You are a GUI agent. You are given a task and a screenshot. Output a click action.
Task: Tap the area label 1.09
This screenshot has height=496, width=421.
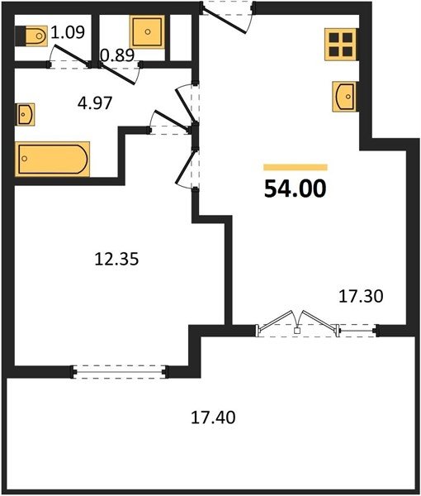tap(68, 32)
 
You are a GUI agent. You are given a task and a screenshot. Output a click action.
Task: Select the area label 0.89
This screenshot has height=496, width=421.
tap(117, 55)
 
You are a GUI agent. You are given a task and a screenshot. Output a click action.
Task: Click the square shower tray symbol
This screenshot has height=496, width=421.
tap(148, 31)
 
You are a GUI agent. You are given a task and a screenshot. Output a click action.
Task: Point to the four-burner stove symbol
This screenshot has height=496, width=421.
tap(341, 45)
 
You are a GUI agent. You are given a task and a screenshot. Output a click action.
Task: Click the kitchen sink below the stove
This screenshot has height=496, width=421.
tap(344, 97)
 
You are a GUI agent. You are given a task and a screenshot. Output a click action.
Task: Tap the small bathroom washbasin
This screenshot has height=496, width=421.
tap(26, 115)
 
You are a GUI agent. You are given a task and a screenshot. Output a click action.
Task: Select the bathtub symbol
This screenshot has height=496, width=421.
tap(53, 159)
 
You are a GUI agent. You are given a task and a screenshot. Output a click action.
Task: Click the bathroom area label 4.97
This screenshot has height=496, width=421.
tap(95, 103)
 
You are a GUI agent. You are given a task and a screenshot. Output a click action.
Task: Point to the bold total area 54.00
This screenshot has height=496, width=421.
tap(295, 188)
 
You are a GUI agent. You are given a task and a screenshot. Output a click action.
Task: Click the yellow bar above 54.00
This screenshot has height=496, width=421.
tap(296, 167)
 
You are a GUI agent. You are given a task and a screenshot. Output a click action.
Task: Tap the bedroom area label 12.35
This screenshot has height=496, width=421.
tap(117, 259)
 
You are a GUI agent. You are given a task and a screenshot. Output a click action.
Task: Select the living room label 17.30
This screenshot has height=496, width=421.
tap(361, 297)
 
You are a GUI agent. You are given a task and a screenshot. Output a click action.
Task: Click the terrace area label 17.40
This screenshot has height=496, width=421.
tap(213, 417)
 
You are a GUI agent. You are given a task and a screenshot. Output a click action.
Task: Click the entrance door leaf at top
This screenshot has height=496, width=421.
tap(224, 20)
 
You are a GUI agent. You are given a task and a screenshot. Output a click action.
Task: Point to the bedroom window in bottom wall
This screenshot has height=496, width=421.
tap(120, 372)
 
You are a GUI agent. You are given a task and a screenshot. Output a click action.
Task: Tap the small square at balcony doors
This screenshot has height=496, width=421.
tap(296, 331)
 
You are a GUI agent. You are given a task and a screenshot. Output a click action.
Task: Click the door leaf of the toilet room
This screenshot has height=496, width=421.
tap(71, 55)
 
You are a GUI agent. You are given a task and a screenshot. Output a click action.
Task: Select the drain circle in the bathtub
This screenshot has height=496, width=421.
tap(25, 159)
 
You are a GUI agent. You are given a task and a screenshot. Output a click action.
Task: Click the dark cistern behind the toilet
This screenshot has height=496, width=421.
tap(20, 36)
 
